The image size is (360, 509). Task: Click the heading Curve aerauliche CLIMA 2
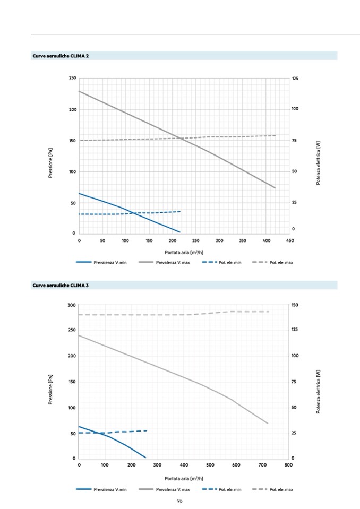point(61,56)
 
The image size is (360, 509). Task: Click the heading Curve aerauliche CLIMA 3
point(61,286)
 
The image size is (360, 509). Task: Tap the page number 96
point(179,500)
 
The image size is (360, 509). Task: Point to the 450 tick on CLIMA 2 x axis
point(289,240)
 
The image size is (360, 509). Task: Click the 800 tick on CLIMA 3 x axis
point(288,465)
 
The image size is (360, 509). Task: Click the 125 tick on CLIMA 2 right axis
point(295,79)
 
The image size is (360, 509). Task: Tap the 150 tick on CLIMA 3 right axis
point(295,305)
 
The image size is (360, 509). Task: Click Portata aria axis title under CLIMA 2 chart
point(179,252)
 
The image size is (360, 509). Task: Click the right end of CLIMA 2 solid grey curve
point(275,188)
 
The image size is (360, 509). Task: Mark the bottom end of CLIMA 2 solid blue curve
point(180,232)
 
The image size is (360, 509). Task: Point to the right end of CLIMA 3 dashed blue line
point(147,430)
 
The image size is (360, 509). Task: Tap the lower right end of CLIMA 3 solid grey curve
point(268,424)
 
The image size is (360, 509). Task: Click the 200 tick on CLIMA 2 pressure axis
point(72,110)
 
